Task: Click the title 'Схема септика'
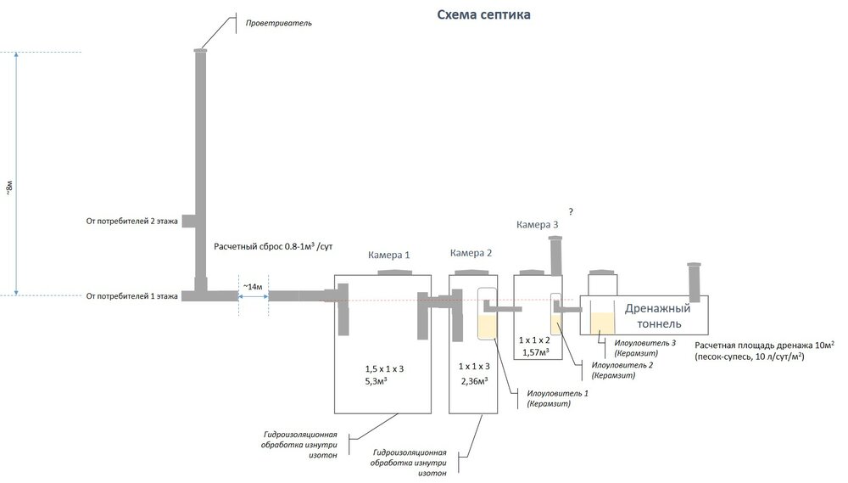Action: point(484,14)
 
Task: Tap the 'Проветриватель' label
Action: point(279,23)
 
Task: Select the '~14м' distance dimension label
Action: point(253,286)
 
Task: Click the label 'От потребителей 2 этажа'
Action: point(131,222)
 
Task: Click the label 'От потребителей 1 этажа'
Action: point(131,296)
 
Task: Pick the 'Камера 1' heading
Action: point(388,255)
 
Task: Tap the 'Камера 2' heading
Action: point(471,253)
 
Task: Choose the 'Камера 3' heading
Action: point(538,224)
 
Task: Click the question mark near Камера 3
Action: point(572,209)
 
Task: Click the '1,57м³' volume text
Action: point(535,351)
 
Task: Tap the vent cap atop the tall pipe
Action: point(201,50)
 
